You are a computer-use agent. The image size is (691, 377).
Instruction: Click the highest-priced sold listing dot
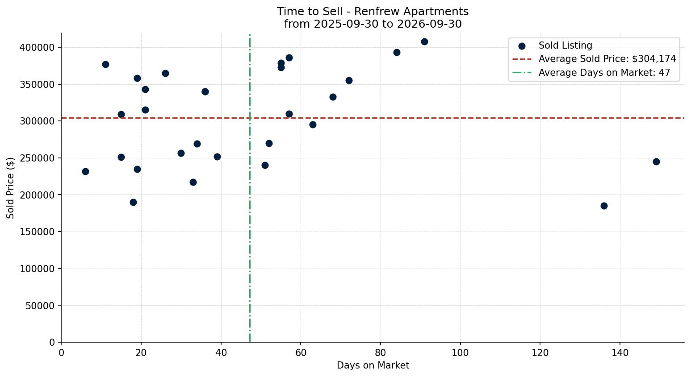(424, 41)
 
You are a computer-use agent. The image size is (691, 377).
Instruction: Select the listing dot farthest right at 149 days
(656, 162)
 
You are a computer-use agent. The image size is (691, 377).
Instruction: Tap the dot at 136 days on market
(604, 206)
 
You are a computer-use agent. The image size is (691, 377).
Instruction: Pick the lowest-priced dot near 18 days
(133, 203)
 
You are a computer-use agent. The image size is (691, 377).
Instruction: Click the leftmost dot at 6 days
(85, 172)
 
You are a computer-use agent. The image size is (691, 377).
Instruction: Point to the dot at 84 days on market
(397, 52)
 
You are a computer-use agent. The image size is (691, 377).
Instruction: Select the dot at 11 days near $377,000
(105, 64)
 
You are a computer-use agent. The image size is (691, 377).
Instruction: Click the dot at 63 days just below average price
(313, 125)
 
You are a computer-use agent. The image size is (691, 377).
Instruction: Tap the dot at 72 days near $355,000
(349, 81)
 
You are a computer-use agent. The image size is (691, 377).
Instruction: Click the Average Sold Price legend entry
(594, 59)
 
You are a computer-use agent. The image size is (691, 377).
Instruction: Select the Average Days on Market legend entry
(591, 73)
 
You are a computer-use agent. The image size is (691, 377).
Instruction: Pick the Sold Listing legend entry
(555, 46)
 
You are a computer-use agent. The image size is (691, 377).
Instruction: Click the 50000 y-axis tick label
(40, 306)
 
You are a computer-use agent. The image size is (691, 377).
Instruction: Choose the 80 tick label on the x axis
(381, 352)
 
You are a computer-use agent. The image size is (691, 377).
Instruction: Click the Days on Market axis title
(373, 365)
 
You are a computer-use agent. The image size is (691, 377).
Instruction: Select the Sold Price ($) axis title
(10, 188)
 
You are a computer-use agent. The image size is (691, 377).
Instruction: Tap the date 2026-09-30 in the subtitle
(429, 24)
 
